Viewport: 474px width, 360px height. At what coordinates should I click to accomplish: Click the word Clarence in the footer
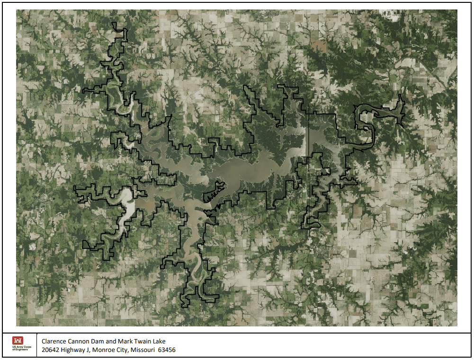coord(54,341)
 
